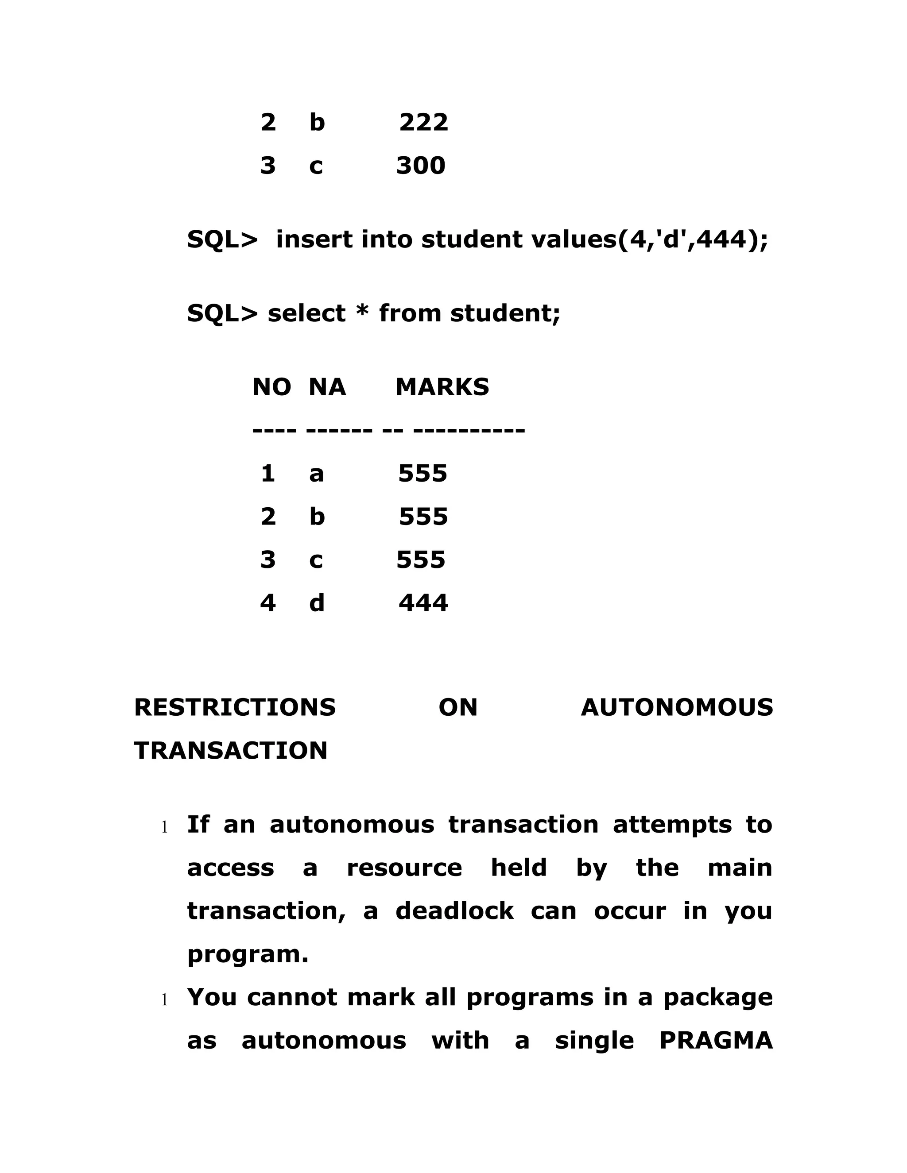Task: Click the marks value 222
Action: (423, 123)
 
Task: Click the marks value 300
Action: (421, 166)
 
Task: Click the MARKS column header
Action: (442, 387)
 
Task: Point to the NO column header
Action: (271, 387)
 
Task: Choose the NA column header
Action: (327, 387)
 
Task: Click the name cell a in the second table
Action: (317, 474)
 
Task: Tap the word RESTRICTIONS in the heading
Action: (235, 707)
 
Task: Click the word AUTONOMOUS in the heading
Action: (677, 707)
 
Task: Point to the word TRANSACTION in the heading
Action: (230, 750)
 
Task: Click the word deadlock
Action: (454, 911)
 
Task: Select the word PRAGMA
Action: (716, 1041)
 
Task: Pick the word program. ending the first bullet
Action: (248, 955)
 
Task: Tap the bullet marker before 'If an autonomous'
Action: (165, 828)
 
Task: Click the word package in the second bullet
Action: (718, 998)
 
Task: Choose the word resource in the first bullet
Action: (404, 868)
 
